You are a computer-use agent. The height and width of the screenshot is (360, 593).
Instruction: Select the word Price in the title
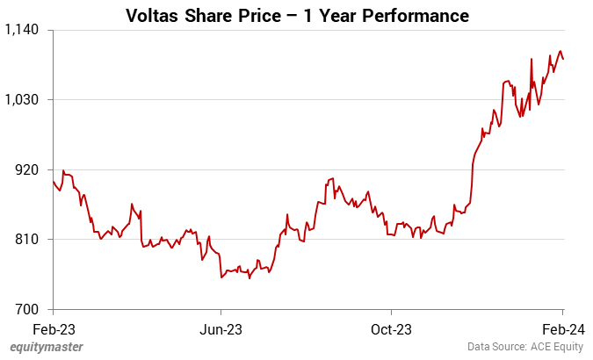pos(270,16)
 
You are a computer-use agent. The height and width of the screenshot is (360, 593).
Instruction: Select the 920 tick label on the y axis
pos(30,169)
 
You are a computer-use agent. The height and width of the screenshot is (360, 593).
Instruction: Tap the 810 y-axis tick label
pos(30,239)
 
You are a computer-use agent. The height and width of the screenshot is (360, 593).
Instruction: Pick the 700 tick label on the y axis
pos(30,309)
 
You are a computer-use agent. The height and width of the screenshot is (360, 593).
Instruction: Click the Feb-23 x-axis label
pos(54,329)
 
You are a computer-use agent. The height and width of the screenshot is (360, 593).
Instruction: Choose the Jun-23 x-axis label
pos(221,329)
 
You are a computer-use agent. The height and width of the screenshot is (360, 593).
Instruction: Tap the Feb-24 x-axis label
pos(562,329)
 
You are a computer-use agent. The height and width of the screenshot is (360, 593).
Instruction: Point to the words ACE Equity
pos(558,347)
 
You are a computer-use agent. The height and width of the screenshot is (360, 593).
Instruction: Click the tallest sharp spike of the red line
pos(532,59)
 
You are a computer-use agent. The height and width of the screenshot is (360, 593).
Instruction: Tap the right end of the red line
pos(563,59)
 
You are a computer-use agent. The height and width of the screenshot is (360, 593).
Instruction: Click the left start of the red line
pos(54,182)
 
